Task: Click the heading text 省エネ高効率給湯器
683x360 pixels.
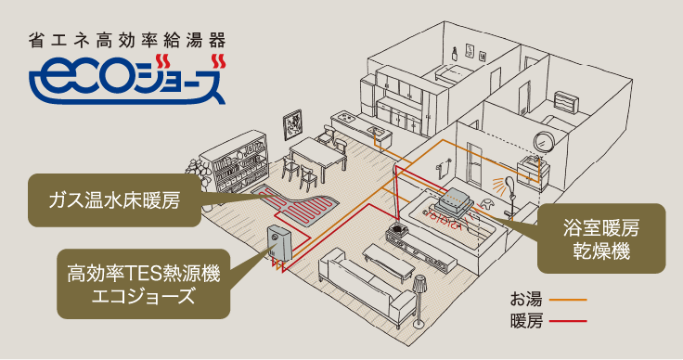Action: pos(127,41)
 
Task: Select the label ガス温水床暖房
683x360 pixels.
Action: pos(116,198)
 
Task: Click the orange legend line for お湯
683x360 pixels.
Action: pos(568,301)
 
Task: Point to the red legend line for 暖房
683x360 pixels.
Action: pos(568,323)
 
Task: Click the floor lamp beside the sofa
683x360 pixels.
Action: pos(419,297)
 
